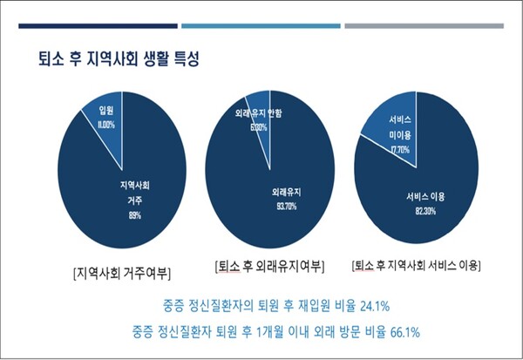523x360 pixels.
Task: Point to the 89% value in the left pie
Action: (134, 214)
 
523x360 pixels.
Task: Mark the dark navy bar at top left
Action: (92, 25)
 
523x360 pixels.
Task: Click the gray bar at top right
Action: (424, 25)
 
